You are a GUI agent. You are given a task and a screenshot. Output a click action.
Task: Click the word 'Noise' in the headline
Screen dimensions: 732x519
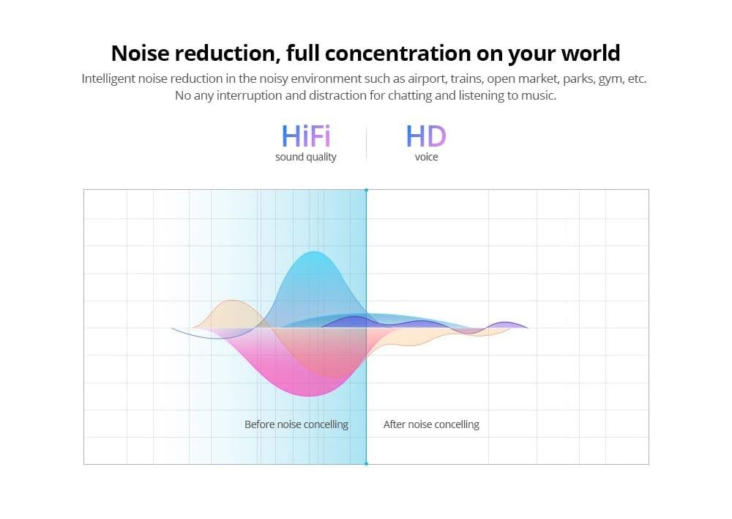(139, 54)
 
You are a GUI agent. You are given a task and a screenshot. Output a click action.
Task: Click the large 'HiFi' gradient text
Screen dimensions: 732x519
(306, 136)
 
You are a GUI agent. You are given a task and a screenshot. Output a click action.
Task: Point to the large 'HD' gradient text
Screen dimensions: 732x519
(426, 136)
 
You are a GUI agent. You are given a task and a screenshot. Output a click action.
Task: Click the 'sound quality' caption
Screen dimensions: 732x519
(306, 157)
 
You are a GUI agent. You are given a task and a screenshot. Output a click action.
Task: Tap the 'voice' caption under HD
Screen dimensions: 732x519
(426, 157)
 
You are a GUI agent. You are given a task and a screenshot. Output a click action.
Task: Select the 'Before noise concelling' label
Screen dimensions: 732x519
(296, 424)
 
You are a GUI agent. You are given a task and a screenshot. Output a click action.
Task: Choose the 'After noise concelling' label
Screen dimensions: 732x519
(431, 424)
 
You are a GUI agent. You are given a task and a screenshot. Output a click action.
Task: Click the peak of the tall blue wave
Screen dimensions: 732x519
(314, 252)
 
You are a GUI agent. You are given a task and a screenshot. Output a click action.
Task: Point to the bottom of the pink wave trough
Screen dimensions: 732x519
(308, 396)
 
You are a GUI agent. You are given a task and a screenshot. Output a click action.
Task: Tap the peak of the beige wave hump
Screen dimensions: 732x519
(232, 301)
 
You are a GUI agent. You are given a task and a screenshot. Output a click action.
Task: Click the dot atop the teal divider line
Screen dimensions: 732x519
(367, 190)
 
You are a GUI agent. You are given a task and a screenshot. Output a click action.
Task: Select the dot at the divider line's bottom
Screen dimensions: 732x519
(367, 464)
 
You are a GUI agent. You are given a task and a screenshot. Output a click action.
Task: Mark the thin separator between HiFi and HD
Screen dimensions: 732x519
(367, 144)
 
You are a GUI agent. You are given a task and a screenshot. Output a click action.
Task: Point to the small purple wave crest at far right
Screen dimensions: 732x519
(504, 323)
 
